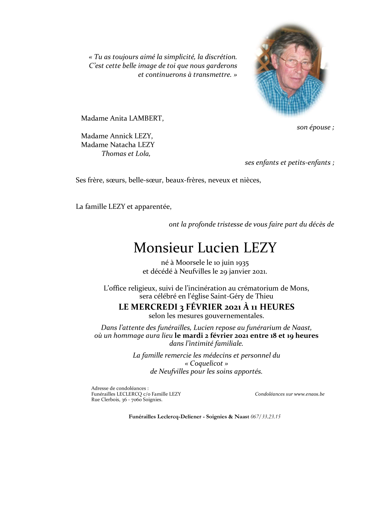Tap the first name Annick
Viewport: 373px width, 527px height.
pos(122,136)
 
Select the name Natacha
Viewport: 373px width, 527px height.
pos(122,145)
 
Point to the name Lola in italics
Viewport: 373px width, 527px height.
pos(143,154)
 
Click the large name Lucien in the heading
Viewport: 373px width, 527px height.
pos(218,248)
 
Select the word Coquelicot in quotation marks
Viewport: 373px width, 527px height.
pos(206,364)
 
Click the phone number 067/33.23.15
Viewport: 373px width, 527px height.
pos(265,417)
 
